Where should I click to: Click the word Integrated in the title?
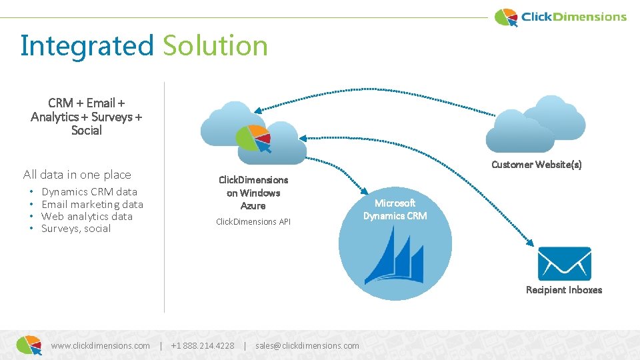pos(87,46)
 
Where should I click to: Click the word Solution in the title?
pos(215,46)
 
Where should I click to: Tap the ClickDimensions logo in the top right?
pos(561,17)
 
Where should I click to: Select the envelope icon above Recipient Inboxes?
pos(564,264)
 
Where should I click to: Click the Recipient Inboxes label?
pos(563,290)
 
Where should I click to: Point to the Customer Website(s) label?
pos(536,165)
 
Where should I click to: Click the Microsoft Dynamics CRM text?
pos(395,209)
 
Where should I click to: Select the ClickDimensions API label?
pos(253,221)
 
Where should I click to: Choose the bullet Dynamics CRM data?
pos(89,192)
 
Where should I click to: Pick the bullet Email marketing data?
pos(92,205)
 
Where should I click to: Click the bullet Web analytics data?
pos(87,217)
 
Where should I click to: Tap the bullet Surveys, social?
pos(76,229)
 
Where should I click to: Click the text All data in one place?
pos(77,175)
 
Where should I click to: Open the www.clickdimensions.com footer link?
pos(101,345)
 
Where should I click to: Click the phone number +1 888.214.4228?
pos(203,345)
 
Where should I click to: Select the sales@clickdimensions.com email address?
pos(307,345)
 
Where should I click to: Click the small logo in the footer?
pos(29,344)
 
